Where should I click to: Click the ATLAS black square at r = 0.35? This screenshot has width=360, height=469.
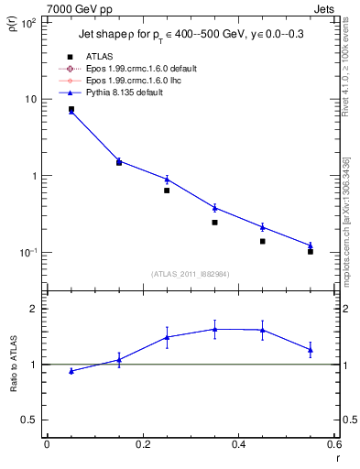pyautogui.click(x=214, y=223)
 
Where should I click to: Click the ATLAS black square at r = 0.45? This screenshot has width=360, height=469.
pyautogui.click(x=262, y=241)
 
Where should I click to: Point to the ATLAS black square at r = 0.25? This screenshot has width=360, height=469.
pyautogui.click(x=167, y=191)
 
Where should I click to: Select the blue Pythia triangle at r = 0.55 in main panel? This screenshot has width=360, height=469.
pyautogui.click(x=311, y=245)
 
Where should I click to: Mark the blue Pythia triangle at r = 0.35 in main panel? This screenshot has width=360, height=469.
pyautogui.click(x=214, y=207)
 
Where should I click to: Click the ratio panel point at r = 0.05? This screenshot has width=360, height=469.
pyautogui.click(x=71, y=371)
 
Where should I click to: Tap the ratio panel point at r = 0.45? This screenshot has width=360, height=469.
pyautogui.click(x=262, y=330)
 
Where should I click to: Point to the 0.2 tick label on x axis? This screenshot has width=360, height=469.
pyautogui.click(x=142, y=443)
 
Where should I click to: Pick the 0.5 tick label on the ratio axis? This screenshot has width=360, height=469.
pyautogui.click(x=29, y=420)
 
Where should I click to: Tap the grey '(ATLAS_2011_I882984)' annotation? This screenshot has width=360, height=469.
pyautogui.click(x=191, y=274)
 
